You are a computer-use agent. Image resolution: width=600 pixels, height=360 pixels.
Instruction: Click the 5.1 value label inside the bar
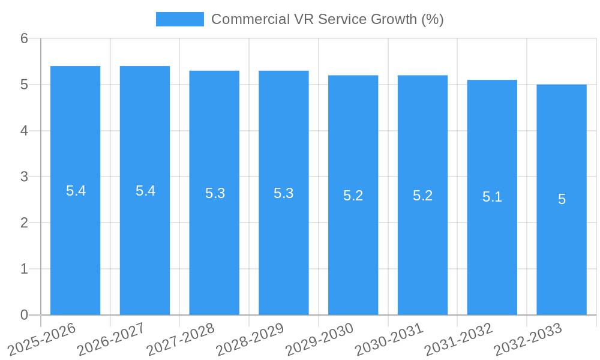[x=492, y=197]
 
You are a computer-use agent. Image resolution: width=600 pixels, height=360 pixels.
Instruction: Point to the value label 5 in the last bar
[x=562, y=199]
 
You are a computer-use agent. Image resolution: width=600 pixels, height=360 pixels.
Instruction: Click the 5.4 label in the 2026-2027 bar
[x=145, y=191]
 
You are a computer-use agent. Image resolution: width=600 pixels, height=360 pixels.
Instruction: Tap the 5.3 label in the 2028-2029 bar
[x=284, y=193]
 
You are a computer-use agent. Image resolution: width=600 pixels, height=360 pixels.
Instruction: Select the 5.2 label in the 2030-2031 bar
[x=422, y=196]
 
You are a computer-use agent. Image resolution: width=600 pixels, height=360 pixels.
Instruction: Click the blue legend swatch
[x=179, y=19]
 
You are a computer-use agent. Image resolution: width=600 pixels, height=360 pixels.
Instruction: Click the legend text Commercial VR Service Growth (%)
[x=327, y=19]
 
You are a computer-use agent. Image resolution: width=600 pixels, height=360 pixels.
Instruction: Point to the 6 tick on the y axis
[x=24, y=39]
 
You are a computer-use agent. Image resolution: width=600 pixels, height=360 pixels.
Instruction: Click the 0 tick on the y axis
[x=24, y=315]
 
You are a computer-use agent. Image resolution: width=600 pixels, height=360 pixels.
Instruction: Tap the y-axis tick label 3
[x=24, y=177]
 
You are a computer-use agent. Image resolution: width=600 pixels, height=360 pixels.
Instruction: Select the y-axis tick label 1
[x=24, y=269]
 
